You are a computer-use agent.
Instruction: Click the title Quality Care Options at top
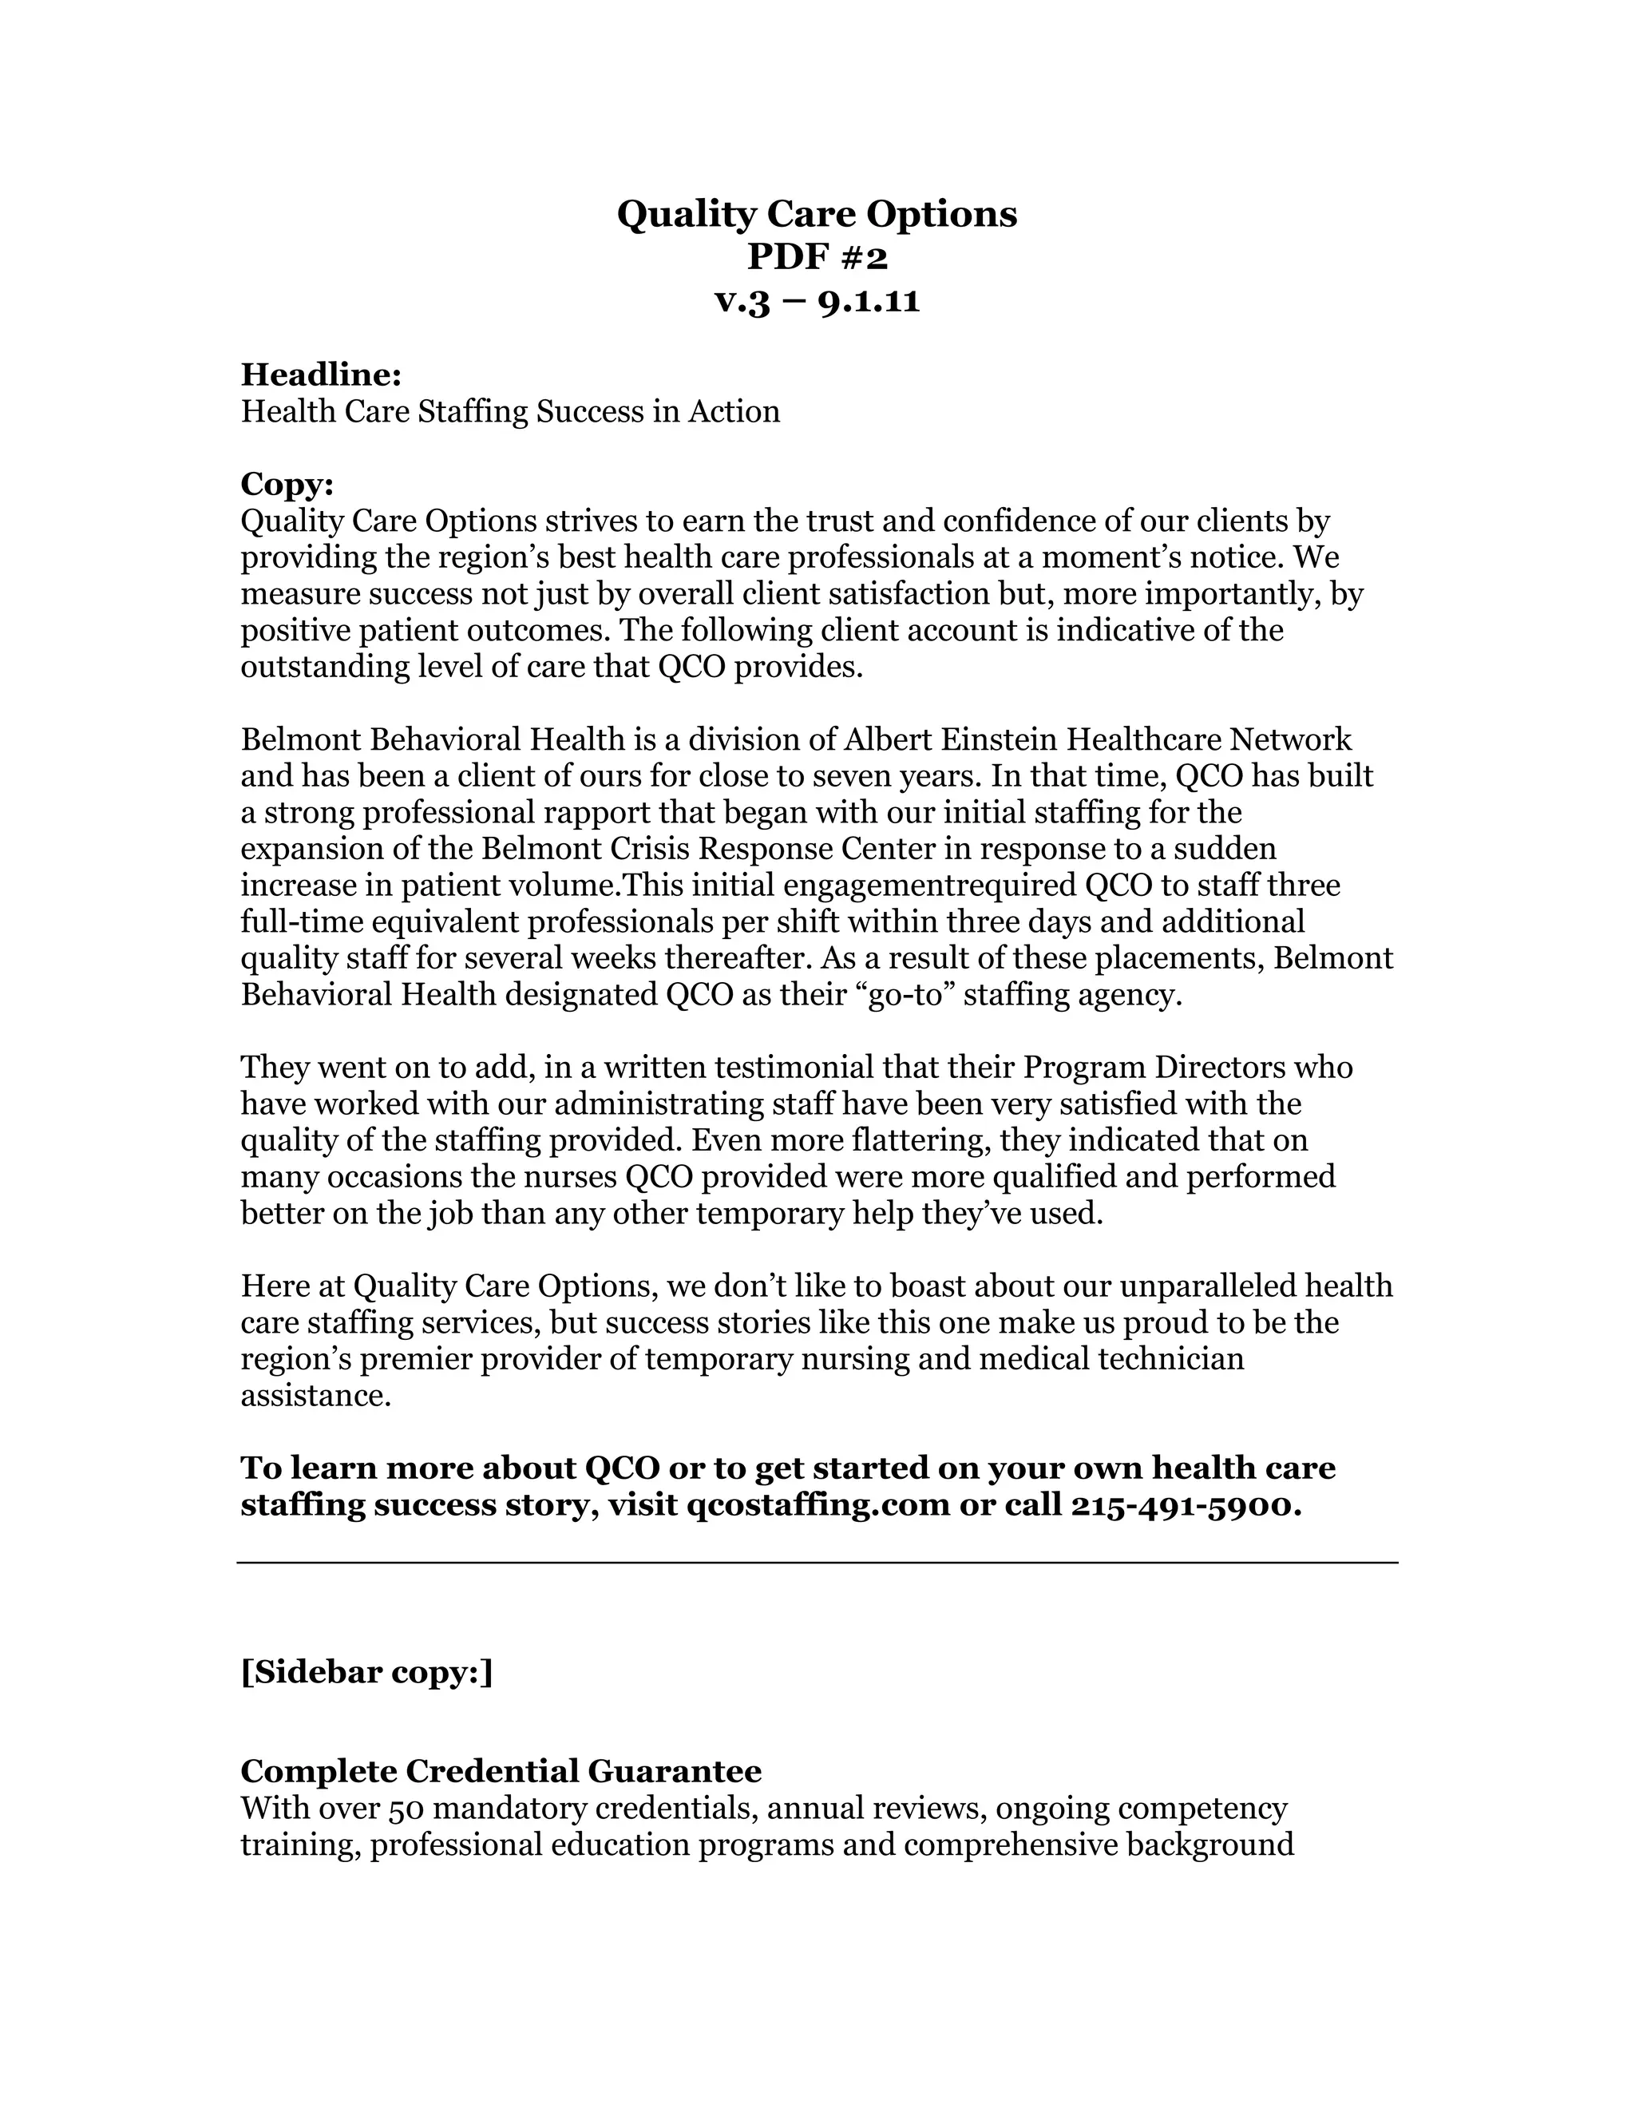coord(817,214)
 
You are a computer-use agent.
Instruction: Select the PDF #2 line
coord(817,258)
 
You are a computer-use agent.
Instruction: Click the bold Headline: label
coord(321,374)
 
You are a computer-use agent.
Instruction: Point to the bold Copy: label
coord(287,483)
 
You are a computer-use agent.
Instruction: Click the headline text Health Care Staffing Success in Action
coord(510,412)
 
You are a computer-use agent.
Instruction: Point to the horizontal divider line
coord(817,1563)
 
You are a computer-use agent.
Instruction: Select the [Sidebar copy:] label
coord(366,1672)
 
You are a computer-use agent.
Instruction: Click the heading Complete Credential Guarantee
coord(501,1771)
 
